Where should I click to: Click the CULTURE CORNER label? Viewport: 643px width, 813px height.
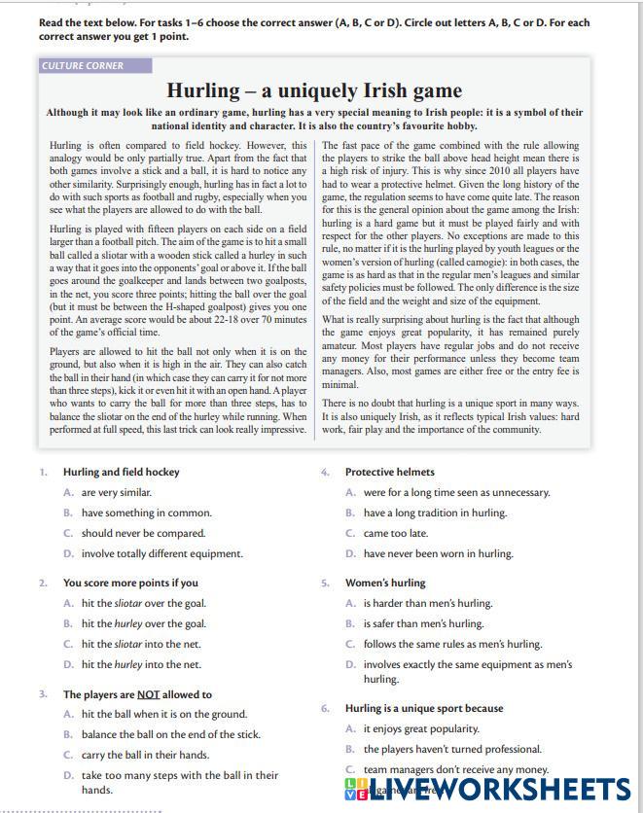pos(83,66)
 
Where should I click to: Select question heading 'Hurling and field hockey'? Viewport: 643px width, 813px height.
pos(122,472)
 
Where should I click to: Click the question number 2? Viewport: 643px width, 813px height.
pos(43,583)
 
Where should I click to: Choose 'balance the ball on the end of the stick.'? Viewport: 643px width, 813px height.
pos(170,734)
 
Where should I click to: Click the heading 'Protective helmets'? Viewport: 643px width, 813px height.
pos(389,472)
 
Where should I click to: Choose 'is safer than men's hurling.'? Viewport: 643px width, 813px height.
pos(423,623)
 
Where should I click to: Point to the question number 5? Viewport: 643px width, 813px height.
pos(325,583)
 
